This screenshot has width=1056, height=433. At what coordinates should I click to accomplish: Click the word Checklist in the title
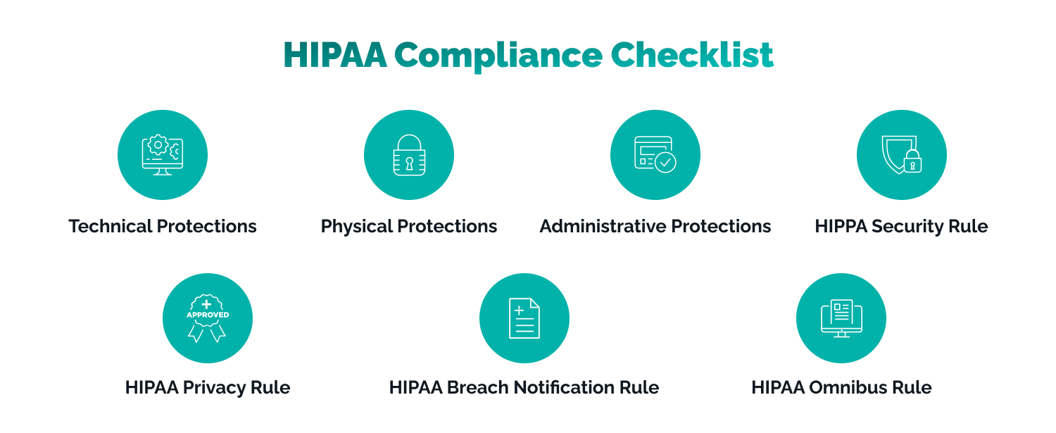pos(692,55)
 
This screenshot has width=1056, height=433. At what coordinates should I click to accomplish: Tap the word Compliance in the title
pos(498,57)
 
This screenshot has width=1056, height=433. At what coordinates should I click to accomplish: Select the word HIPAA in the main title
pos(334,56)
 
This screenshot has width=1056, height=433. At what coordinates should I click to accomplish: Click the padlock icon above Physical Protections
pos(409,155)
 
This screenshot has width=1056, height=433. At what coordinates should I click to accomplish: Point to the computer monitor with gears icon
pos(163,155)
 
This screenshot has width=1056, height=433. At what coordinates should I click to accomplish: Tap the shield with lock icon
pos(901,155)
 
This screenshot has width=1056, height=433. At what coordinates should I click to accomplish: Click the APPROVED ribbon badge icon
pos(208,318)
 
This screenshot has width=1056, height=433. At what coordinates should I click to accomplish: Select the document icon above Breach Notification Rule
pos(524,318)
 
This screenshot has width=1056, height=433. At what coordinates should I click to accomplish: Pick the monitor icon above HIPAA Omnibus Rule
pos(841,318)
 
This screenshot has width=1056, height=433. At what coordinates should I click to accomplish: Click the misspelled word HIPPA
pos(841,227)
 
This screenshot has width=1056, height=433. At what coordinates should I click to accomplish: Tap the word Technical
pos(111,227)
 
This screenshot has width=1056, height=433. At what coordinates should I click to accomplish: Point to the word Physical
pos(357,227)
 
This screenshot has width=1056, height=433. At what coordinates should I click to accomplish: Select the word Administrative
pos(603,227)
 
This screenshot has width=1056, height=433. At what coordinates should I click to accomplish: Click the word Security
pos(907,227)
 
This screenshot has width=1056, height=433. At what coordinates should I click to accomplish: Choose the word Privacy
pos(215,389)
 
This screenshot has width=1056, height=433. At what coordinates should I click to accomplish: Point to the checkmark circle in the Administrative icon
pos(666,162)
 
